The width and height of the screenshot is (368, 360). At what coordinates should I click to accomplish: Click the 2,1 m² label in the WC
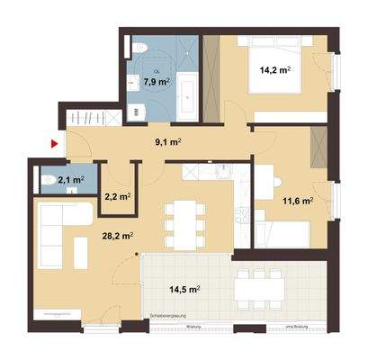point(70,180)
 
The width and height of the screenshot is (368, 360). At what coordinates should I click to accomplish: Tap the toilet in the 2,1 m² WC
point(48,181)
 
